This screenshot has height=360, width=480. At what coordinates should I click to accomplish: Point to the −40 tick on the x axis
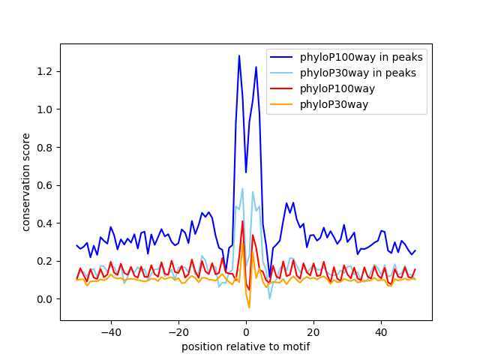111,331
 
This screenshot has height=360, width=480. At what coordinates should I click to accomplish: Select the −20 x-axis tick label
178,331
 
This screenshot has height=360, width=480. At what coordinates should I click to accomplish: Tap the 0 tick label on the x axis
246,331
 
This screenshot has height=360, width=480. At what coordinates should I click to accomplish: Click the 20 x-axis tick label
313,331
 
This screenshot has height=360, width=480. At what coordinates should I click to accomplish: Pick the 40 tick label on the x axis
381,331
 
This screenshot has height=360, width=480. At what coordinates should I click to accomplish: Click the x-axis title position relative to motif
245,346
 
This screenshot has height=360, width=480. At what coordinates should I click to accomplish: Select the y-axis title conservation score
26,181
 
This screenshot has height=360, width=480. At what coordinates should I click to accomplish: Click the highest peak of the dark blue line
239,55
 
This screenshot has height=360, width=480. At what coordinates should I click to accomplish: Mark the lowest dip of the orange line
250,307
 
